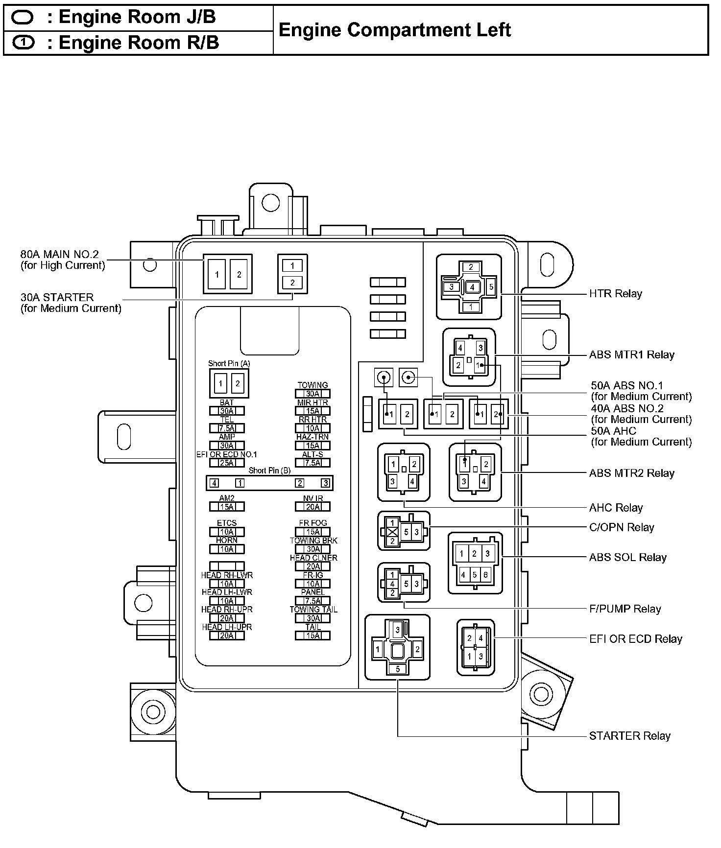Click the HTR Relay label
(615, 294)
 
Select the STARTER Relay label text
(629, 736)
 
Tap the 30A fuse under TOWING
(312, 394)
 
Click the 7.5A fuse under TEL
(227, 428)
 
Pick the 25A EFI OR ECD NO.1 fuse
(227, 463)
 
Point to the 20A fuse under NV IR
(312, 507)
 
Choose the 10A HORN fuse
(227, 549)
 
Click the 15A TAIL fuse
(312, 636)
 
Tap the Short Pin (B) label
(269, 471)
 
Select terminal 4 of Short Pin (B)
(214, 483)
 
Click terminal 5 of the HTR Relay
(491, 287)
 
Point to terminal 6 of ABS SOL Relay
(485, 575)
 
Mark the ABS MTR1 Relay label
(631, 354)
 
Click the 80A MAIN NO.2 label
(60, 255)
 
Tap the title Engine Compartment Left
(394, 30)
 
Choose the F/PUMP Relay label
(625, 609)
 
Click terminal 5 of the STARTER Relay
(398, 669)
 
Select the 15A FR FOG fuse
(312, 532)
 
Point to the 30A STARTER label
(57, 298)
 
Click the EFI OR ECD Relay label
(636, 639)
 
